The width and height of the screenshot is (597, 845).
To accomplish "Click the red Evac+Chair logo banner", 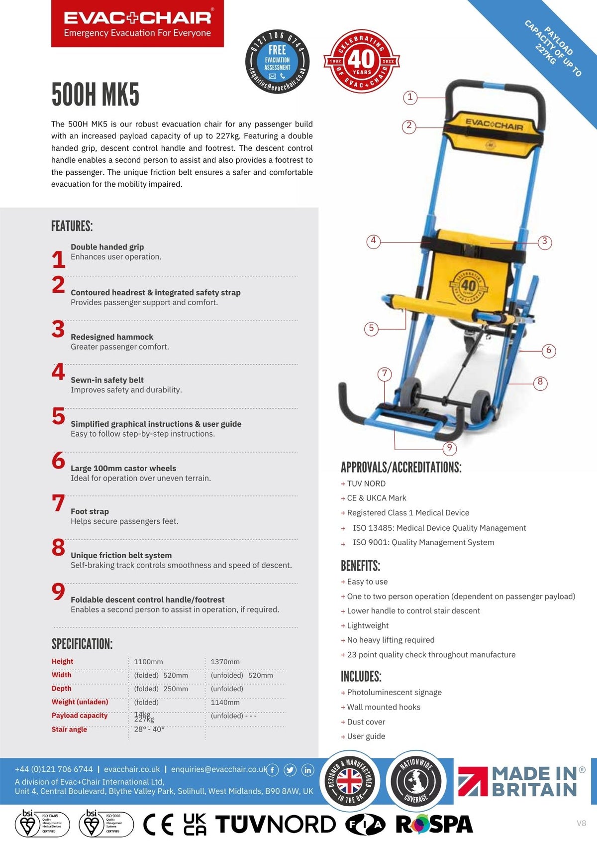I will point(137,24).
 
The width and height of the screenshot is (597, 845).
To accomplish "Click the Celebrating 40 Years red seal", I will point(362,61).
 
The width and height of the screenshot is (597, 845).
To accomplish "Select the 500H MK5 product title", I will point(96,95).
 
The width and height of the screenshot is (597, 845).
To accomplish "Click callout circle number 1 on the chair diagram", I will point(410,97).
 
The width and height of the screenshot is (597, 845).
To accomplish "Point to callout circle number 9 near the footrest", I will point(449,448).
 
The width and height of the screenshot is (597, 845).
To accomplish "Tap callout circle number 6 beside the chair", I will point(548,351).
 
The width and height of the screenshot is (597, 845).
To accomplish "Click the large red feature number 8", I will point(58,548).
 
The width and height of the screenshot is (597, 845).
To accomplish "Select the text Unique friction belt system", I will point(121,555).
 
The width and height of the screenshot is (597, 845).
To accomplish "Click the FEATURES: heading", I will point(72,226).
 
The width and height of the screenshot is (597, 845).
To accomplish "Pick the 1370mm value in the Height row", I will point(225,662).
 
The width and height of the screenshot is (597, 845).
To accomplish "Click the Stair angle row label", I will point(69,729).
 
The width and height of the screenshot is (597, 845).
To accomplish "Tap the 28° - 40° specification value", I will point(149,729).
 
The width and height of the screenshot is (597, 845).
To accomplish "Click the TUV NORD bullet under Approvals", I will point(366,483).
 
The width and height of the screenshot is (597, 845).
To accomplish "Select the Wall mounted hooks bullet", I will point(383,707).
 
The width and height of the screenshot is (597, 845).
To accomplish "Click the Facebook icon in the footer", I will point(273,770).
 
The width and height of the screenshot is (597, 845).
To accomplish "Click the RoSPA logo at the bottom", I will point(434,825).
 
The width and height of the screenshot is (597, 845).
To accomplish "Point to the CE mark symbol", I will point(158,825).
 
